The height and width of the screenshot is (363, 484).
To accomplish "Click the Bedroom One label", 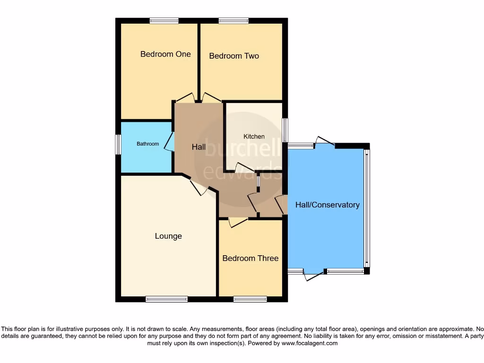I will (165, 54).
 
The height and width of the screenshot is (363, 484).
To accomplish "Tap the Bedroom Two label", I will (234, 56).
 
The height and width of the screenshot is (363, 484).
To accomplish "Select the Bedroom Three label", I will (250, 258).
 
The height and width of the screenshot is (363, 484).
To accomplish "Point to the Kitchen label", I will (254, 137).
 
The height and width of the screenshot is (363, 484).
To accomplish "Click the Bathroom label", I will (147, 144).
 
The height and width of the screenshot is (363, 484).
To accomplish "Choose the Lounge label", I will (168, 236).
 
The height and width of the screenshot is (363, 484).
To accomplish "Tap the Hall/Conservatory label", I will (327, 205).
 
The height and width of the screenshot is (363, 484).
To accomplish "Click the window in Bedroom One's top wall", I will (164, 20).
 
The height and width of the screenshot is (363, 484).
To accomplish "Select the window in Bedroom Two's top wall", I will (233, 20).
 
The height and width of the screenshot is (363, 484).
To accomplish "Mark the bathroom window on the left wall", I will (118, 144).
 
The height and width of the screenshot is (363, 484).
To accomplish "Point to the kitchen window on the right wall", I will (285, 130).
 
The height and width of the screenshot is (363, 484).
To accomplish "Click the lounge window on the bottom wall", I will (166, 299).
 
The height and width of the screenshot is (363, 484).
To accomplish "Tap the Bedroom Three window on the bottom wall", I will (250, 299).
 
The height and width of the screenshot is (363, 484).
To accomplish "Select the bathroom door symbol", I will (169, 142).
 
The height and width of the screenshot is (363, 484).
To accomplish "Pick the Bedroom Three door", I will (238, 222).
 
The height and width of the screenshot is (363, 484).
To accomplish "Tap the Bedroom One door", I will (184, 97).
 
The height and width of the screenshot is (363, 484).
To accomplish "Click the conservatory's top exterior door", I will (325, 141).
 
